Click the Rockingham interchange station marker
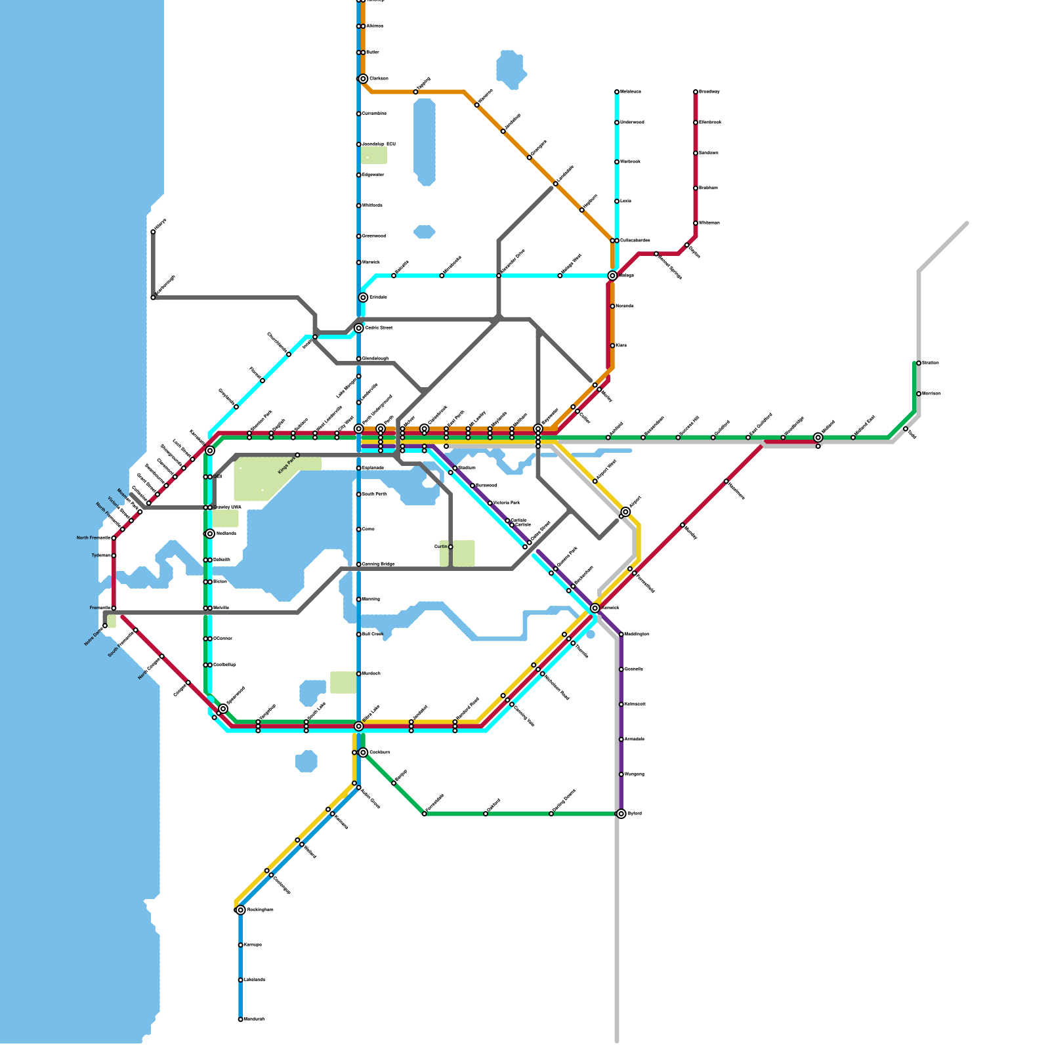pyautogui.click(x=241, y=910)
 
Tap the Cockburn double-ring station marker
pyautogui.click(x=363, y=752)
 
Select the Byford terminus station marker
pyautogui.click(x=621, y=814)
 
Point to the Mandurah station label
pyautogui.click(x=255, y=1019)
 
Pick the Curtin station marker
pyautogui.click(x=451, y=547)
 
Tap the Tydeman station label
pyautogui.click(x=101, y=556)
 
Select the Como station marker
pyautogui.click(x=359, y=529)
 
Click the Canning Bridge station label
pyautogui.click(x=379, y=564)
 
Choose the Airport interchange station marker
pyautogui.click(x=625, y=512)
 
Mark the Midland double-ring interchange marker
pyautogui.click(x=818, y=437)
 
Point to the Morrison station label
pyautogui.click(x=931, y=394)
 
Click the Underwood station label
pyautogui.click(x=632, y=123)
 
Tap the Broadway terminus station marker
pyautogui.click(x=696, y=92)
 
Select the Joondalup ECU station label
pyautogui.click(x=379, y=144)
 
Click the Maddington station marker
pyautogui.click(x=621, y=634)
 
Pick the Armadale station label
pyautogui.click(x=635, y=740)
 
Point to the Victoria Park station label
pyautogui.click(x=507, y=503)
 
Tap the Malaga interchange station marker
pyautogui.click(x=612, y=276)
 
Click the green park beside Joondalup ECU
pyautogui.click(x=373, y=156)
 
